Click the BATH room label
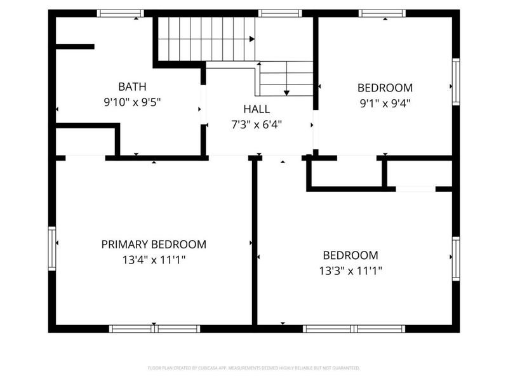132,86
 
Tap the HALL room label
257,109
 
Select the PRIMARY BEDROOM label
154,244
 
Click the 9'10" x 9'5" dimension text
132,102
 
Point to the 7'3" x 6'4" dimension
257,124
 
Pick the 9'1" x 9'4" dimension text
385,103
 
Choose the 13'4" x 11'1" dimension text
154,260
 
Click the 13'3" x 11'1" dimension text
351,271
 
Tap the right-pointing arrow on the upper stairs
252,39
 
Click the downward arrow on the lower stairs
286,93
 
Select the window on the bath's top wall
120,13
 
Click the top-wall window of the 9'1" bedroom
382,13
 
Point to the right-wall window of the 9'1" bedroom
455,83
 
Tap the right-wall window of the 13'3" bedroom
455,259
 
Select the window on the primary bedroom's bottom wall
154,328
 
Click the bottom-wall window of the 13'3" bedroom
354,328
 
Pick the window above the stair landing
280,13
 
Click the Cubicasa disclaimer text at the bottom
254,368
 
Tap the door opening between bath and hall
203,105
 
